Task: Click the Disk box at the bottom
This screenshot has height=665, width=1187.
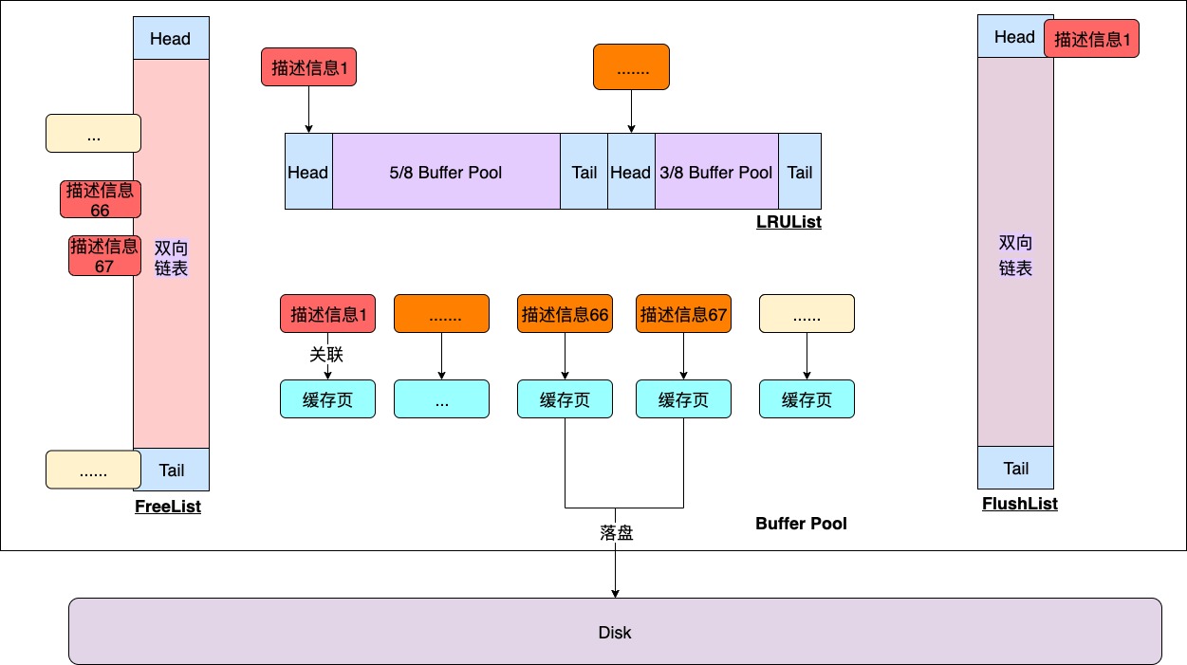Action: (x=615, y=632)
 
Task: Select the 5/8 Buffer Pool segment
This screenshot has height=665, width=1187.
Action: (x=446, y=172)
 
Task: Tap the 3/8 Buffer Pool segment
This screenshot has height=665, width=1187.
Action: (x=716, y=172)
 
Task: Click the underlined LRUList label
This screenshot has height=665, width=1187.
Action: (x=788, y=222)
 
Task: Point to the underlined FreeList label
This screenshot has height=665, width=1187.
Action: (x=168, y=507)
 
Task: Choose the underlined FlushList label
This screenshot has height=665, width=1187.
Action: (x=1019, y=504)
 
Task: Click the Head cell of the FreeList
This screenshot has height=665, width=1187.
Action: (x=171, y=39)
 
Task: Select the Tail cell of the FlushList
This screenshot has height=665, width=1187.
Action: (x=1015, y=468)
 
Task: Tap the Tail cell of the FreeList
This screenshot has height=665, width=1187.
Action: (x=171, y=470)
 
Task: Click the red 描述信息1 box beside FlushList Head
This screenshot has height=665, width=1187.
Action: (x=1091, y=40)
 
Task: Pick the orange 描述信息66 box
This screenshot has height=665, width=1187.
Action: (x=565, y=314)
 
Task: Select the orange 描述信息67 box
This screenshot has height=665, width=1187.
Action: (x=683, y=314)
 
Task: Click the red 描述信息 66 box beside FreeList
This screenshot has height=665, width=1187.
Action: (x=100, y=199)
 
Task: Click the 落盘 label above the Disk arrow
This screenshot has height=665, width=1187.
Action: (x=616, y=532)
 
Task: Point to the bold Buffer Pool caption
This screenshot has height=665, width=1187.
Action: (x=801, y=524)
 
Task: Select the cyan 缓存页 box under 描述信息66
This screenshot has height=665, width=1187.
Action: (x=565, y=399)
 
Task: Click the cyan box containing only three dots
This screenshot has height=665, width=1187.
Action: (x=441, y=399)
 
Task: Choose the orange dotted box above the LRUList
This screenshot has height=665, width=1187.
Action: (x=631, y=67)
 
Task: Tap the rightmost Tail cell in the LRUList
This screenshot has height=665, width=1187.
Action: (x=799, y=172)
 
